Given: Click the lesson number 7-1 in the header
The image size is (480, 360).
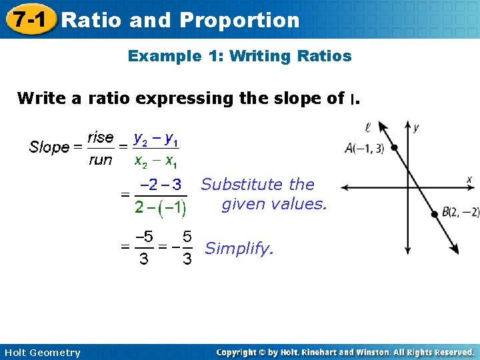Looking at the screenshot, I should point(27,19).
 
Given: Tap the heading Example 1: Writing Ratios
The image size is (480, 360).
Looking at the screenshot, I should point(239,56).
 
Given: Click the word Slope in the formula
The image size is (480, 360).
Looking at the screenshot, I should point(49,147).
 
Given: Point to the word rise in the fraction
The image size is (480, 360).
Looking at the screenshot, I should point(101,137).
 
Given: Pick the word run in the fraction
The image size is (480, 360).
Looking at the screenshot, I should point(101,160).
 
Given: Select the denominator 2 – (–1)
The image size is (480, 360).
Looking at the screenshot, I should point(160,207).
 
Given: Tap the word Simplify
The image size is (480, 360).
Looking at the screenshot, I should point(239,249).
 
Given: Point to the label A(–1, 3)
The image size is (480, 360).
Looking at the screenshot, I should point(364,149).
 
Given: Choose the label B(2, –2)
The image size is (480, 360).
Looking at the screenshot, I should point(460,212).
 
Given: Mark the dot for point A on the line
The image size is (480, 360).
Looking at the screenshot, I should point(395,149).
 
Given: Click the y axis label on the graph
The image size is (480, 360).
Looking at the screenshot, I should point(416,127).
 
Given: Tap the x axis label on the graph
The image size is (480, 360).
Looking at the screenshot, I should point(469,179).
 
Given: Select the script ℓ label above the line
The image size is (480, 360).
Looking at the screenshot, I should point(368,126).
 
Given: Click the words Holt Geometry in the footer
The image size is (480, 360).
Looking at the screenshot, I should point(41,353).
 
